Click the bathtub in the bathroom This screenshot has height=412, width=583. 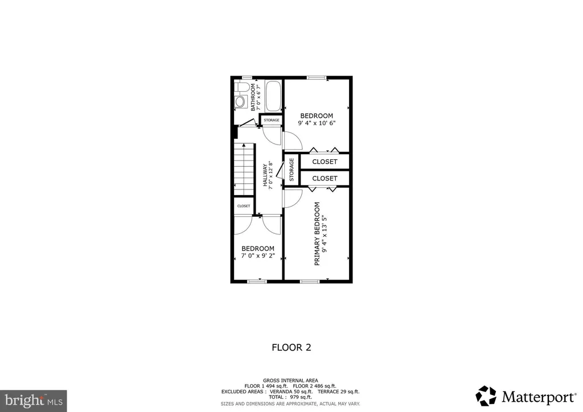coord(273,96)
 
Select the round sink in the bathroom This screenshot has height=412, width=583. coord(241,101)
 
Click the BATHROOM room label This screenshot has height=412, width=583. coord(253,97)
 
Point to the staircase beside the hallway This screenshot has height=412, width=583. coord(244,170)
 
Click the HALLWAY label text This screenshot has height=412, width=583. coord(265,175)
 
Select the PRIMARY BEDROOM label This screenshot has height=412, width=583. coord(317,234)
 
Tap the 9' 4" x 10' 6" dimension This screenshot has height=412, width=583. coord(317,123)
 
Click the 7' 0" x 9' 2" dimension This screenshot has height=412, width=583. coord(258,256)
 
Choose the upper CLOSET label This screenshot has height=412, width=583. coord(325,162)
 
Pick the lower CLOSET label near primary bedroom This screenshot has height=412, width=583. coord(325,178)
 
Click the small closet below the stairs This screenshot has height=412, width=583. coord(244,206)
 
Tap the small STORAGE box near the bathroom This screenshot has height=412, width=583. coord(272,120)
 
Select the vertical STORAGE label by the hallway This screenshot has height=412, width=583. coord(291,170)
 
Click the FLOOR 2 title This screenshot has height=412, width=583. coord(291,347)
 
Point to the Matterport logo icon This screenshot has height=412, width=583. coord(486,396)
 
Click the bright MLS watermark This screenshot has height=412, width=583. coord(34,401)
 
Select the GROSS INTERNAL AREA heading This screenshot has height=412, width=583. coord(290,381)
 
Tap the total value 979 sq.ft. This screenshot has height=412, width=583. coord(301,397)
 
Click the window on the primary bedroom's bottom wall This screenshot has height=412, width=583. coord(310,281)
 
